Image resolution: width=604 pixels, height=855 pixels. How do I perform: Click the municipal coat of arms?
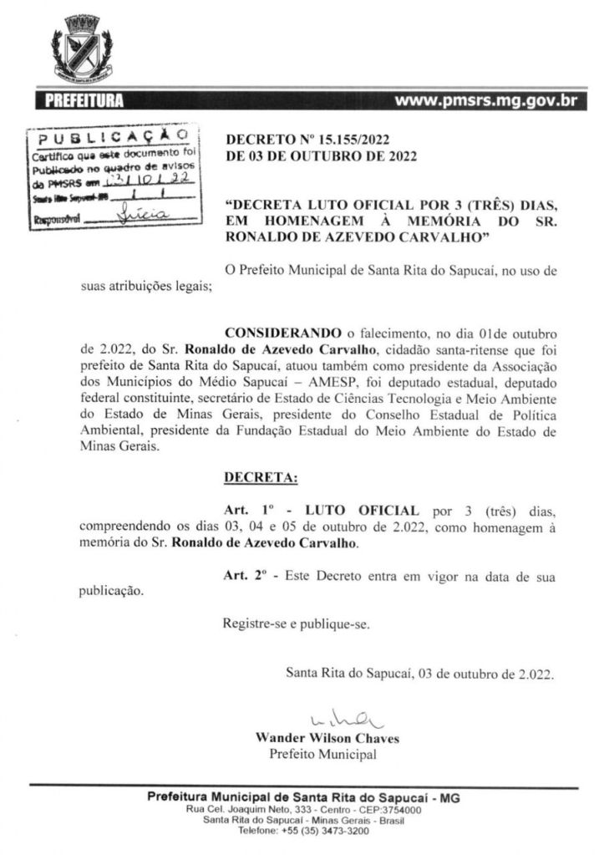pyautogui.click(x=82, y=47)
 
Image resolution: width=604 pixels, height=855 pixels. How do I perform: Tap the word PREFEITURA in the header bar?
pyautogui.click(x=84, y=102)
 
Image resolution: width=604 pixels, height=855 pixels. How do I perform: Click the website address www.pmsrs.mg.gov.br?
pyautogui.click(x=485, y=102)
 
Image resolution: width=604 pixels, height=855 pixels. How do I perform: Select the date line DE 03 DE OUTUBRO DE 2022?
pyautogui.click(x=321, y=156)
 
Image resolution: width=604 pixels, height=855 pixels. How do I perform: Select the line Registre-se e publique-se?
pyautogui.click(x=296, y=623)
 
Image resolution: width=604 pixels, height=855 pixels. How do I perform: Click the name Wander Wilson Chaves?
pyautogui.click(x=327, y=739)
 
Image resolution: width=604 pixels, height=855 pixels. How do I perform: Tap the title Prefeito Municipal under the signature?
pyautogui.click(x=322, y=755)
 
